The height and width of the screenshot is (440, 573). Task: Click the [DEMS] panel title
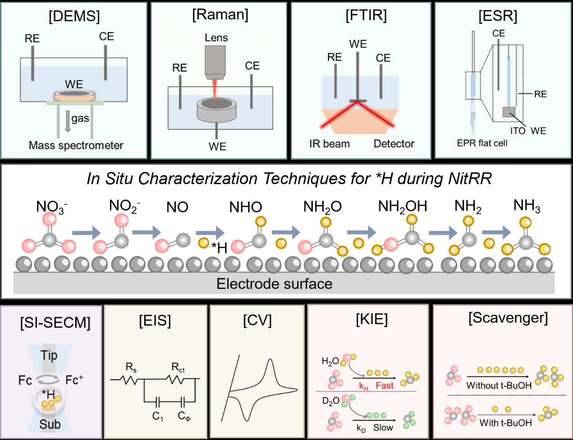point(74,16)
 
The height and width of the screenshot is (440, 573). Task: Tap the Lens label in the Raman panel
point(216,38)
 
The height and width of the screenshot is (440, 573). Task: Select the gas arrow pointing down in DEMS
point(68,121)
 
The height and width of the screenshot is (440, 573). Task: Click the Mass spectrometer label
point(76,145)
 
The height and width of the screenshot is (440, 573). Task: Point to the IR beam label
point(330,144)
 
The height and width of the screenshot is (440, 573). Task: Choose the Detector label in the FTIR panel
point(394,144)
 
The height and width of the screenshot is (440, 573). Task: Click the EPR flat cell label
point(482,143)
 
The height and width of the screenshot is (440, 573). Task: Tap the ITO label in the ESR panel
point(518,131)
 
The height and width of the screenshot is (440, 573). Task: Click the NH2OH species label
point(403,207)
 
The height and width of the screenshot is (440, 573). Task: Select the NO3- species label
point(51,207)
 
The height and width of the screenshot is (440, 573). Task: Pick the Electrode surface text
point(274,284)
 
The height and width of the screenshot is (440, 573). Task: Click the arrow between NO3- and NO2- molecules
point(87,232)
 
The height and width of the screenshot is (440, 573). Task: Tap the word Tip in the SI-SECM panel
point(49,355)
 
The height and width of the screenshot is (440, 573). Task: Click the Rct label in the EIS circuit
point(178,367)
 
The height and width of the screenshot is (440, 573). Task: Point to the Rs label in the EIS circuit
point(131,367)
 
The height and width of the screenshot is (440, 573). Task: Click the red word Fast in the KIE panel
point(385,386)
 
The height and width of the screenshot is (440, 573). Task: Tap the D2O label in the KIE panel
point(330,401)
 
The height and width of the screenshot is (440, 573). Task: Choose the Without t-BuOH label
point(499,386)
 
